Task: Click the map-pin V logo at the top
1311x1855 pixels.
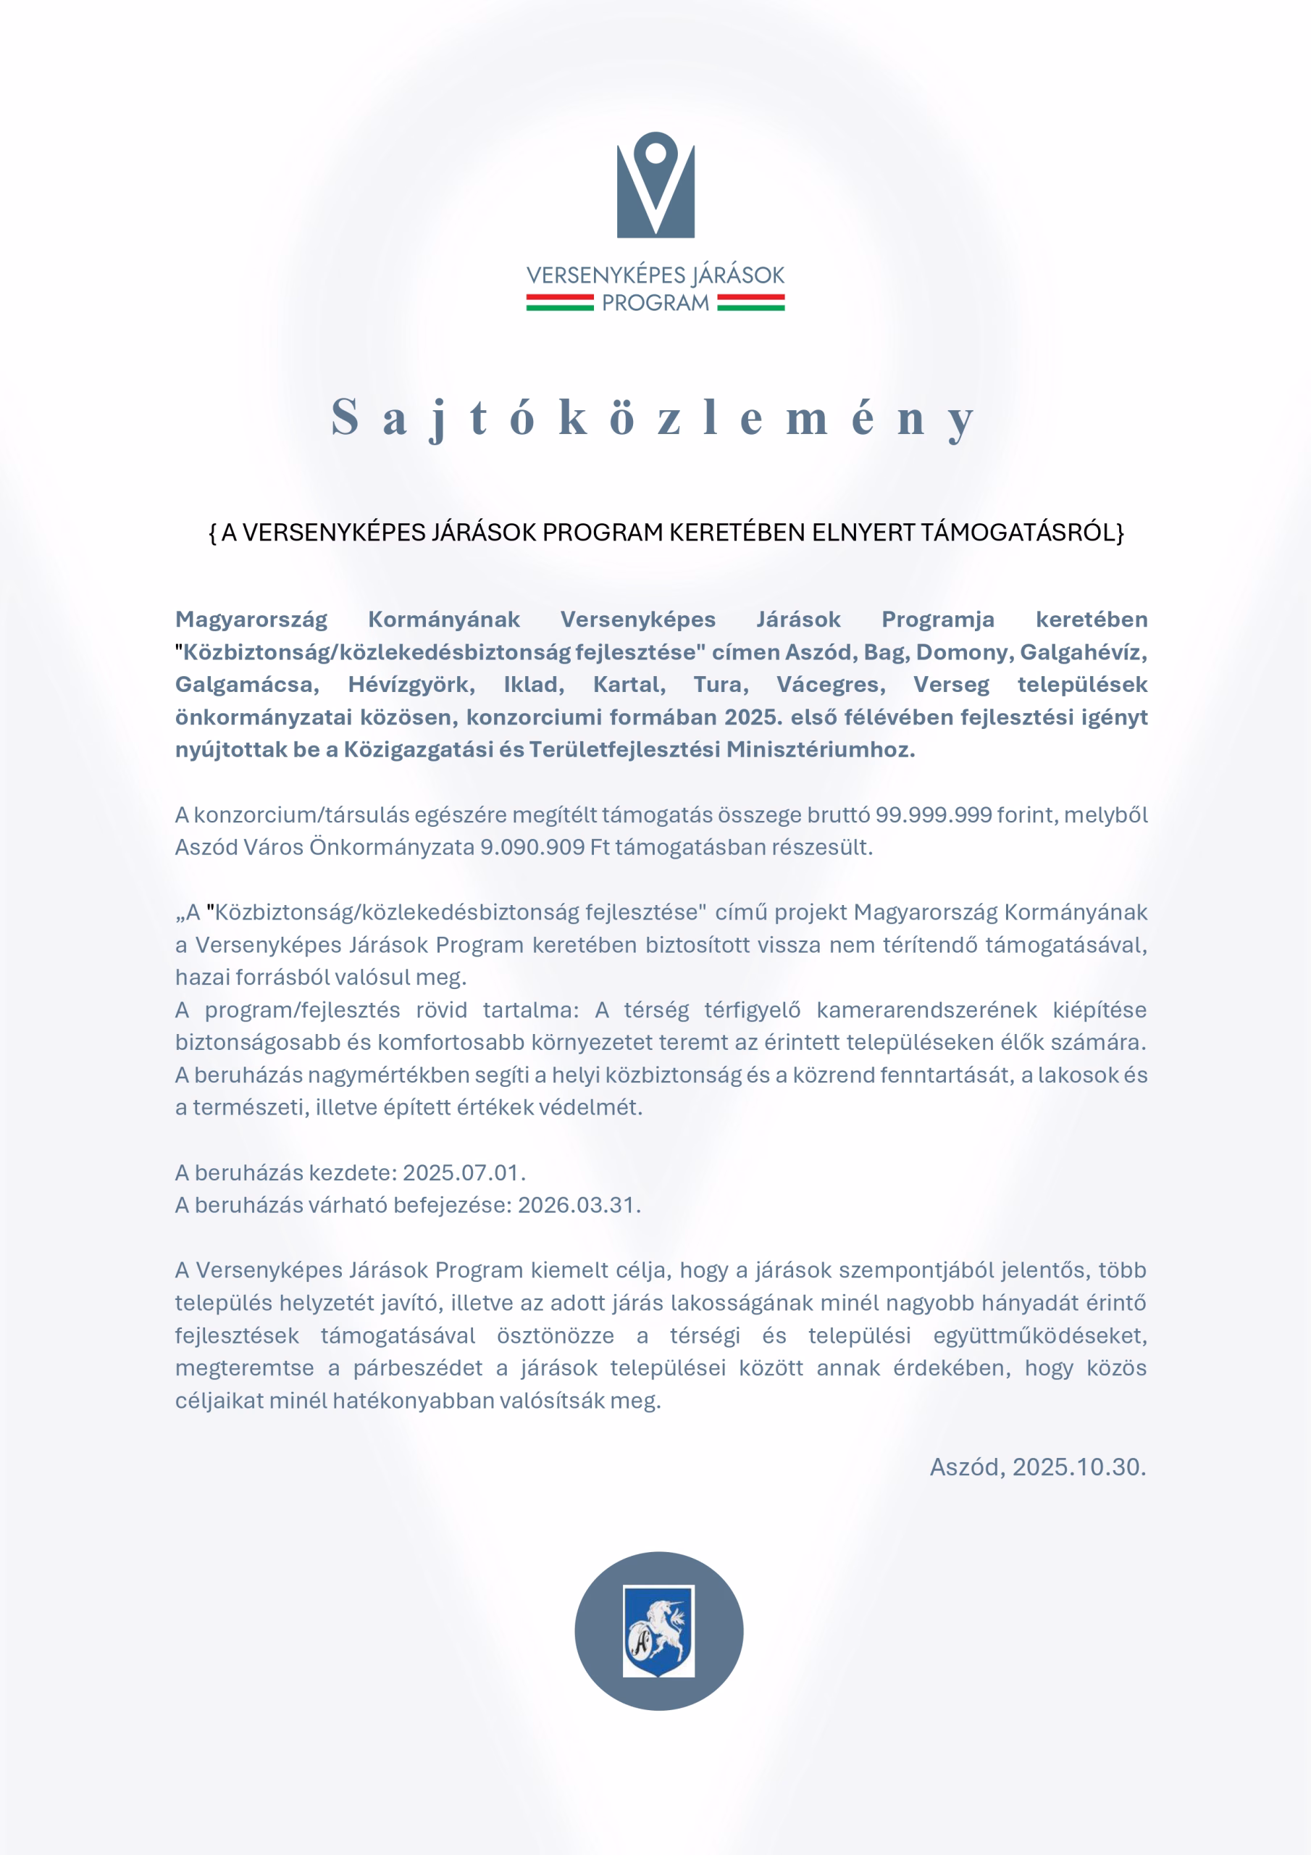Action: (x=655, y=185)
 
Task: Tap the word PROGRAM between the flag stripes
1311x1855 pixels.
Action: (x=655, y=303)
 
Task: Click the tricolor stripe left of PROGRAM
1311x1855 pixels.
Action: (x=560, y=303)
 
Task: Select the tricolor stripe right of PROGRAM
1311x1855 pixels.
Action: (x=750, y=303)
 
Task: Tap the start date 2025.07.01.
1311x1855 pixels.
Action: (x=464, y=1172)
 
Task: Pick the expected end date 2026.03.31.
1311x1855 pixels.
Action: (x=578, y=1204)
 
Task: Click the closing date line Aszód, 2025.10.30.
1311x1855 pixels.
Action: (x=1037, y=1467)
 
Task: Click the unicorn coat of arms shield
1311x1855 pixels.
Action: (x=658, y=1630)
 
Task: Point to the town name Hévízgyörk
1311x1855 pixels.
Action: (x=411, y=684)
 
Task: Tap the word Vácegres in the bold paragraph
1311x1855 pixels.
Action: (x=830, y=684)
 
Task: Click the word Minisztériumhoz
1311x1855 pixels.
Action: (x=820, y=749)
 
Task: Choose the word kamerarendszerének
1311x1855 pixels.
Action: (x=926, y=1010)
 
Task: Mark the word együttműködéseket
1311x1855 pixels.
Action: (x=1039, y=1335)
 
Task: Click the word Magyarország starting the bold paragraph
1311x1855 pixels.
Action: (x=251, y=620)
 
